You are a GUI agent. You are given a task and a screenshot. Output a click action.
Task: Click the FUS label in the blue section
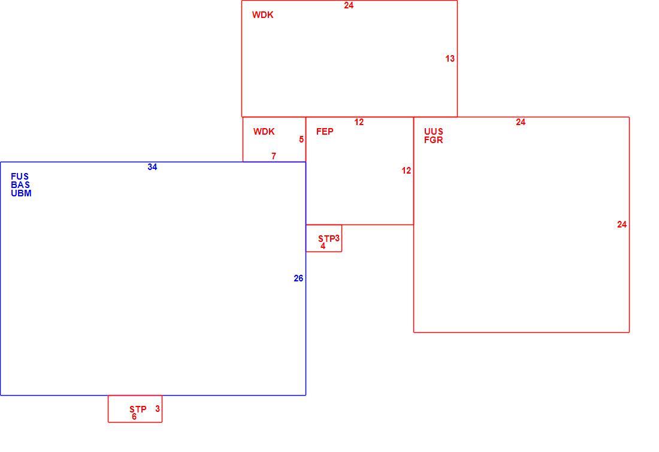tap(20, 177)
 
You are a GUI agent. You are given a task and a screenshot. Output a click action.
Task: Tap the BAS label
tap(20, 185)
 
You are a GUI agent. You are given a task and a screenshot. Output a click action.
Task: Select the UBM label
tap(21, 193)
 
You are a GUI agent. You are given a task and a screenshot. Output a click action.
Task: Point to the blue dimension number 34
tap(152, 167)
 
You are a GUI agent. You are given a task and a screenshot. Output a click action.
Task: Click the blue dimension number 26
tap(298, 278)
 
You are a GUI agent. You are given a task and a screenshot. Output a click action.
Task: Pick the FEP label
tap(325, 132)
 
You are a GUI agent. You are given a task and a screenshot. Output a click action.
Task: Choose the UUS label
tap(433, 132)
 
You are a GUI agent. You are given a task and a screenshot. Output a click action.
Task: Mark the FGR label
tap(433, 140)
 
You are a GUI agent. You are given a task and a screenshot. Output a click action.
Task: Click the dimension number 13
tap(450, 59)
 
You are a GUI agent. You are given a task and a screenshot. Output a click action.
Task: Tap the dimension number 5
tap(301, 139)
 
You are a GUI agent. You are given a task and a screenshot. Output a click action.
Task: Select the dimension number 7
tap(274, 156)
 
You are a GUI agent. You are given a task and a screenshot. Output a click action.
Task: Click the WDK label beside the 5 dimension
tap(264, 132)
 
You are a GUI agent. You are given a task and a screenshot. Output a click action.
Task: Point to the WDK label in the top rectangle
tap(262, 15)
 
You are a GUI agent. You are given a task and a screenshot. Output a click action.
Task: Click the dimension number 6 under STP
tap(134, 417)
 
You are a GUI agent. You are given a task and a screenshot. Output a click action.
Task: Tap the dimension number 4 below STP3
tap(323, 246)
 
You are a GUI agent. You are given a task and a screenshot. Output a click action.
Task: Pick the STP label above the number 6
tap(138, 409)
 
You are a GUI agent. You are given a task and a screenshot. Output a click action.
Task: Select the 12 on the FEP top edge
tap(359, 122)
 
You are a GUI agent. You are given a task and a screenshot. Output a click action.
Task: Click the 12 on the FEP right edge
tap(406, 171)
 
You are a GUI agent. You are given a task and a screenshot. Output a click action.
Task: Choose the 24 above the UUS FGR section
tap(521, 122)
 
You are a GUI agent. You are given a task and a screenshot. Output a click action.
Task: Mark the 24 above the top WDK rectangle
tap(349, 5)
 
